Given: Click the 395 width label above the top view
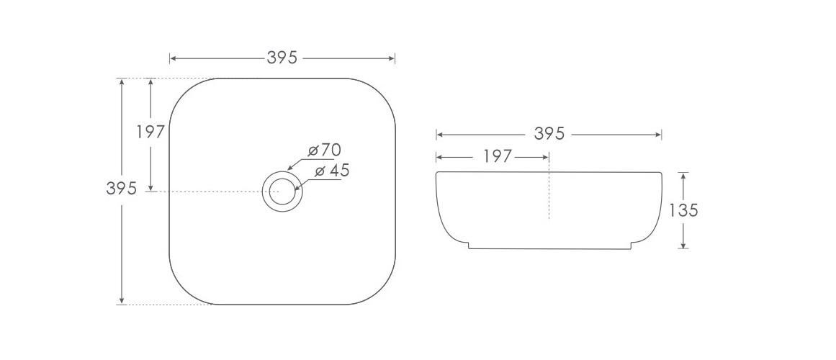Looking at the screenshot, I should point(282,58).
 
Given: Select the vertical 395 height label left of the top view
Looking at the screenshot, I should point(121,189).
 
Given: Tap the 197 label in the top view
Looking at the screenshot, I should point(150,132).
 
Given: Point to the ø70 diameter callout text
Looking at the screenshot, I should point(324,150).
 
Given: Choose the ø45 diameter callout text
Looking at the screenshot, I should point(332,171).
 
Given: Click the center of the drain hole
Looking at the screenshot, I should point(282,192).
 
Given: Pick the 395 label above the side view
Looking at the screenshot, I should point(549,134).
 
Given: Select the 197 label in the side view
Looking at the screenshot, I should point(497,156).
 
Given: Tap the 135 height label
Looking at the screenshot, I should point(683,210).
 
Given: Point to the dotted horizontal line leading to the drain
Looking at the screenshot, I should point(216,192).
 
